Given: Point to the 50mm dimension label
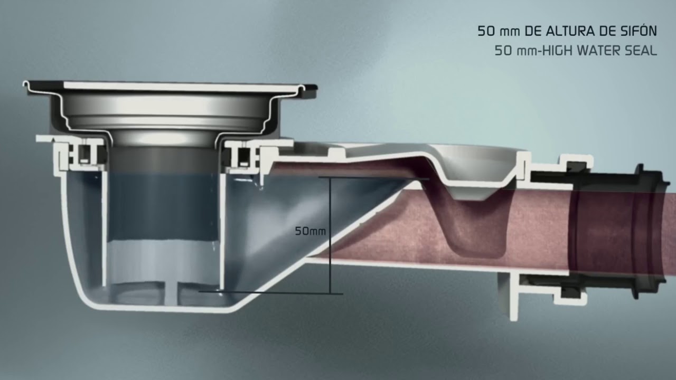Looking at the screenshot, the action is click(x=310, y=231).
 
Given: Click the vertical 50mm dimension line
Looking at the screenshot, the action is click(x=331, y=235).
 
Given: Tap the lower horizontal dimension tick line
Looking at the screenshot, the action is click(x=271, y=292).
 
